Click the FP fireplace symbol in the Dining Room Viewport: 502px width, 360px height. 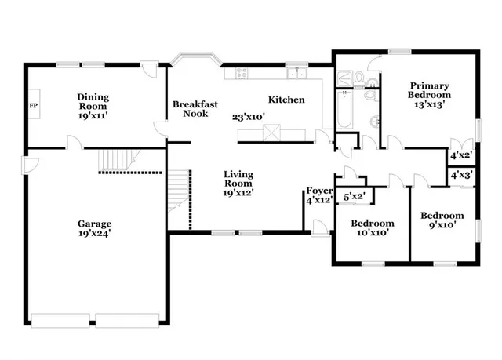point(34,105)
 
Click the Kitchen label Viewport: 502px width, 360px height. point(286,100)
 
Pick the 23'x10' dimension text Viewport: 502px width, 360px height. point(248,117)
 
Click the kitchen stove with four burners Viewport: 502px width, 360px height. point(235,74)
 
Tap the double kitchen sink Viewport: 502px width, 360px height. point(296,74)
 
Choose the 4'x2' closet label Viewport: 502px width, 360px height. point(461,155)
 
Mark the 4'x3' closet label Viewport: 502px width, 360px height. point(461,176)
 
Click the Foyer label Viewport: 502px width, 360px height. point(319,190)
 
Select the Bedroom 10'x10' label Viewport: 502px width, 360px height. point(372,227)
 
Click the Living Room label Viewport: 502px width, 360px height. point(237,183)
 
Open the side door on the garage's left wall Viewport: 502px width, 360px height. point(27,164)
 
